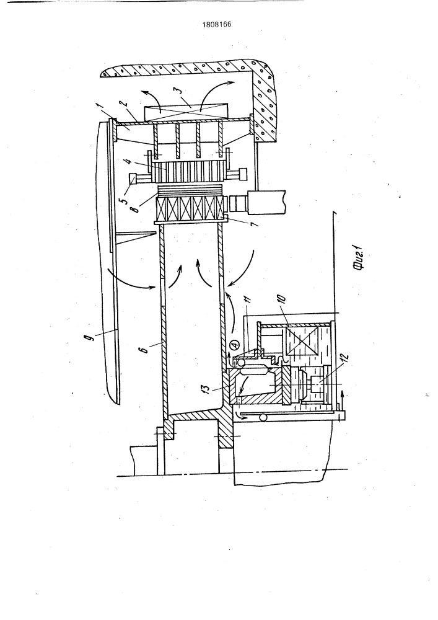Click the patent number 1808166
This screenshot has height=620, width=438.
point(217,25)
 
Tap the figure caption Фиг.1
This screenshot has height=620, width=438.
point(359,260)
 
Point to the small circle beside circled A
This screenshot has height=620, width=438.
point(241,361)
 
